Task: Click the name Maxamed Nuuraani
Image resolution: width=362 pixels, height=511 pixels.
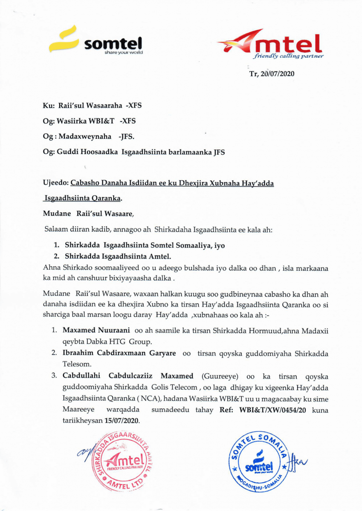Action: (x=97, y=330)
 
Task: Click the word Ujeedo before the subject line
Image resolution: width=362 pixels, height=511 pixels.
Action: (x=56, y=183)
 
